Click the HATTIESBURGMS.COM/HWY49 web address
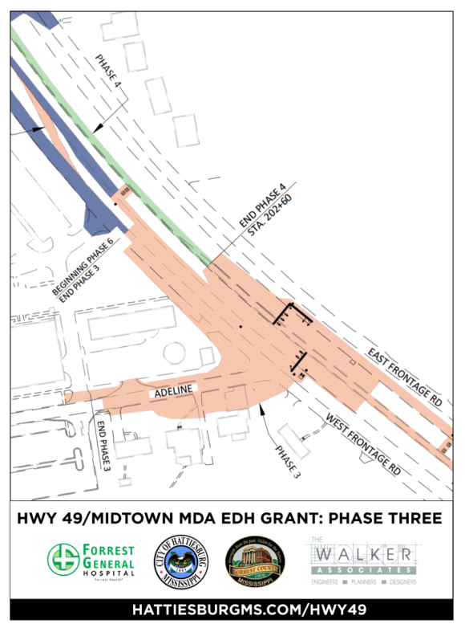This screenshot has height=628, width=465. [232, 610]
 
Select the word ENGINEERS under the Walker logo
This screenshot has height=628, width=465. [329, 580]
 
